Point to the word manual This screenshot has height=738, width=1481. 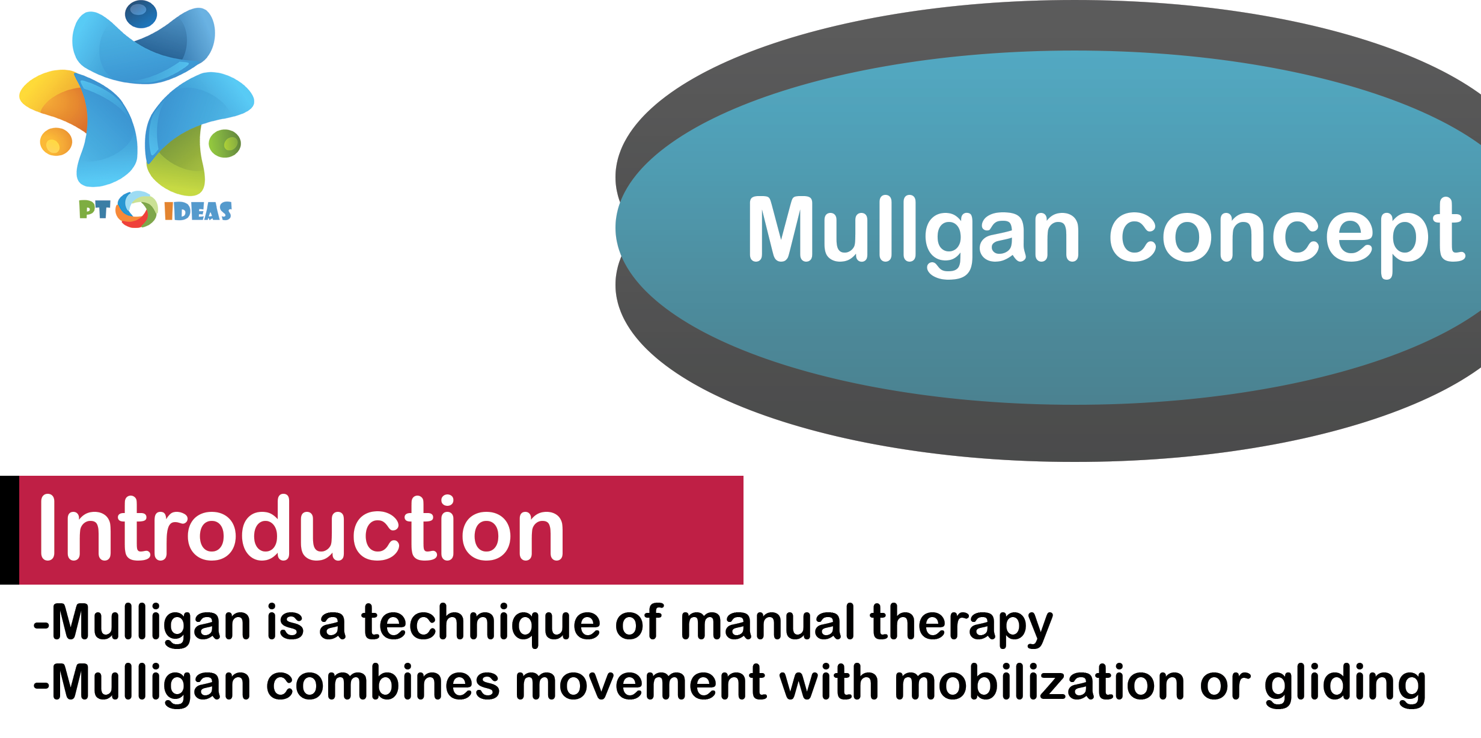(x=767, y=622)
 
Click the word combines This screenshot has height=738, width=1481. (x=382, y=683)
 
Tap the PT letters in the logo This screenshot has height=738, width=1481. (x=94, y=209)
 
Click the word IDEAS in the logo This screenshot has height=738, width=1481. (x=198, y=211)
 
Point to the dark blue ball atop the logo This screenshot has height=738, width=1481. (x=141, y=14)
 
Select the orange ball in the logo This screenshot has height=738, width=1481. (x=56, y=142)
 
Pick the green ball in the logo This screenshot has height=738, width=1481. (x=225, y=144)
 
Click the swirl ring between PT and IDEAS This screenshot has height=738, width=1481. (x=136, y=209)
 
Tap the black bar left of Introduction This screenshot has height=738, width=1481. (x=10, y=530)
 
